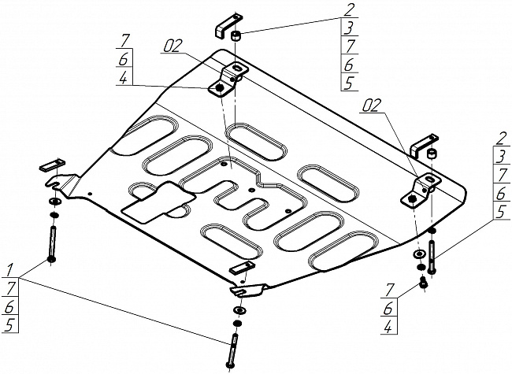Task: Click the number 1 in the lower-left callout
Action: pyautogui.click(x=9, y=268)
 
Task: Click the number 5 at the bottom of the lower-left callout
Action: pyautogui.click(x=9, y=324)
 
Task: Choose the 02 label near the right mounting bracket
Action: pyautogui.click(x=374, y=103)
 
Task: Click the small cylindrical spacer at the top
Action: pyautogui.click(x=237, y=37)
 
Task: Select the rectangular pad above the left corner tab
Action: pyautogui.click(x=50, y=165)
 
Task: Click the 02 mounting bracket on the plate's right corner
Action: pyautogui.click(x=420, y=189)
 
